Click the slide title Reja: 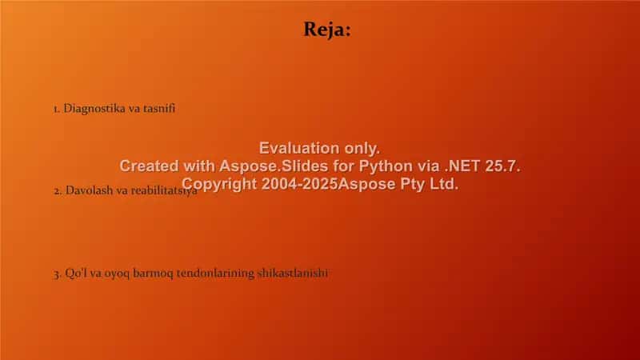(327, 30)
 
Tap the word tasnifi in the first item (158, 109)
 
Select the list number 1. (56, 110)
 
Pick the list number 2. (57, 191)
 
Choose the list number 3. (57, 274)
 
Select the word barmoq (153, 273)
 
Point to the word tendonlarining (215, 273)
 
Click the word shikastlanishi (292, 273)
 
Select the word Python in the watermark (386, 166)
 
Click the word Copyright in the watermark (219, 184)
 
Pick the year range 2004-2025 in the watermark (299, 184)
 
